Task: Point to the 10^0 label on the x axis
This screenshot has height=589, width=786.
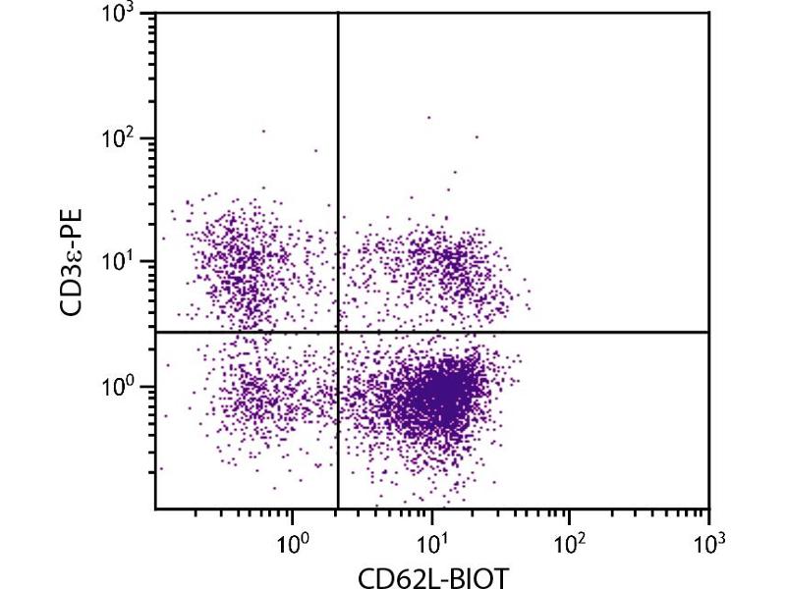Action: click(x=293, y=539)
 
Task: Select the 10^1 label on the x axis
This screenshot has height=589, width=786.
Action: click(x=431, y=539)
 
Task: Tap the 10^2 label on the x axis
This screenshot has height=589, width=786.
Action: click(x=570, y=539)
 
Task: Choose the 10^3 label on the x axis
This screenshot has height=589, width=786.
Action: click(x=708, y=539)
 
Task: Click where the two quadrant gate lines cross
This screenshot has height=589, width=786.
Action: click(x=338, y=332)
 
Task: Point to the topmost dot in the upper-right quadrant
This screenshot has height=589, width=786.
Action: click(x=428, y=117)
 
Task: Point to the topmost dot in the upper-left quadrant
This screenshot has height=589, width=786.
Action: click(x=263, y=130)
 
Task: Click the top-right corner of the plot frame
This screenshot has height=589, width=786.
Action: click(x=708, y=13)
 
